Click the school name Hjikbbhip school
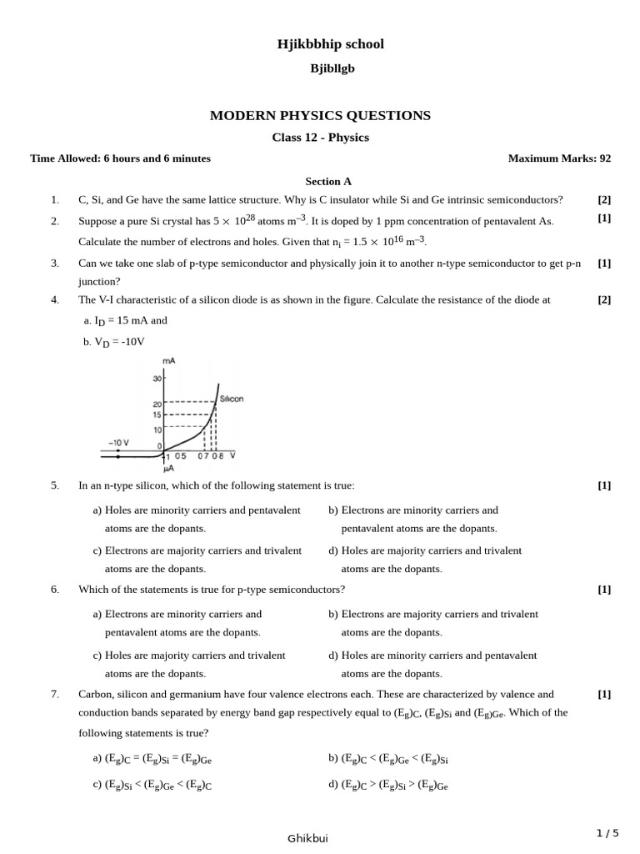click(x=331, y=44)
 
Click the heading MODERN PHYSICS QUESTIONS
click(x=320, y=115)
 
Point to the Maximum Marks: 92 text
click(x=559, y=158)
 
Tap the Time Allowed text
click(x=120, y=158)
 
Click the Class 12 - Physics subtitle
click(x=320, y=138)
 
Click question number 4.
click(x=54, y=300)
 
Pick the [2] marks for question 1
click(x=604, y=199)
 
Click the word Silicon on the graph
click(x=232, y=399)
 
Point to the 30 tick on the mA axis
click(x=157, y=379)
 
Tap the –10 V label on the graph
click(x=118, y=442)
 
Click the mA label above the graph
click(x=168, y=360)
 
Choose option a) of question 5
click(x=197, y=519)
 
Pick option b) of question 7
click(x=388, y=759)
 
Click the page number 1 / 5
click(x=607, y=832)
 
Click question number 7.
click(x=54, y=694)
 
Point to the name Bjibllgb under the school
click(x=332, y=68)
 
